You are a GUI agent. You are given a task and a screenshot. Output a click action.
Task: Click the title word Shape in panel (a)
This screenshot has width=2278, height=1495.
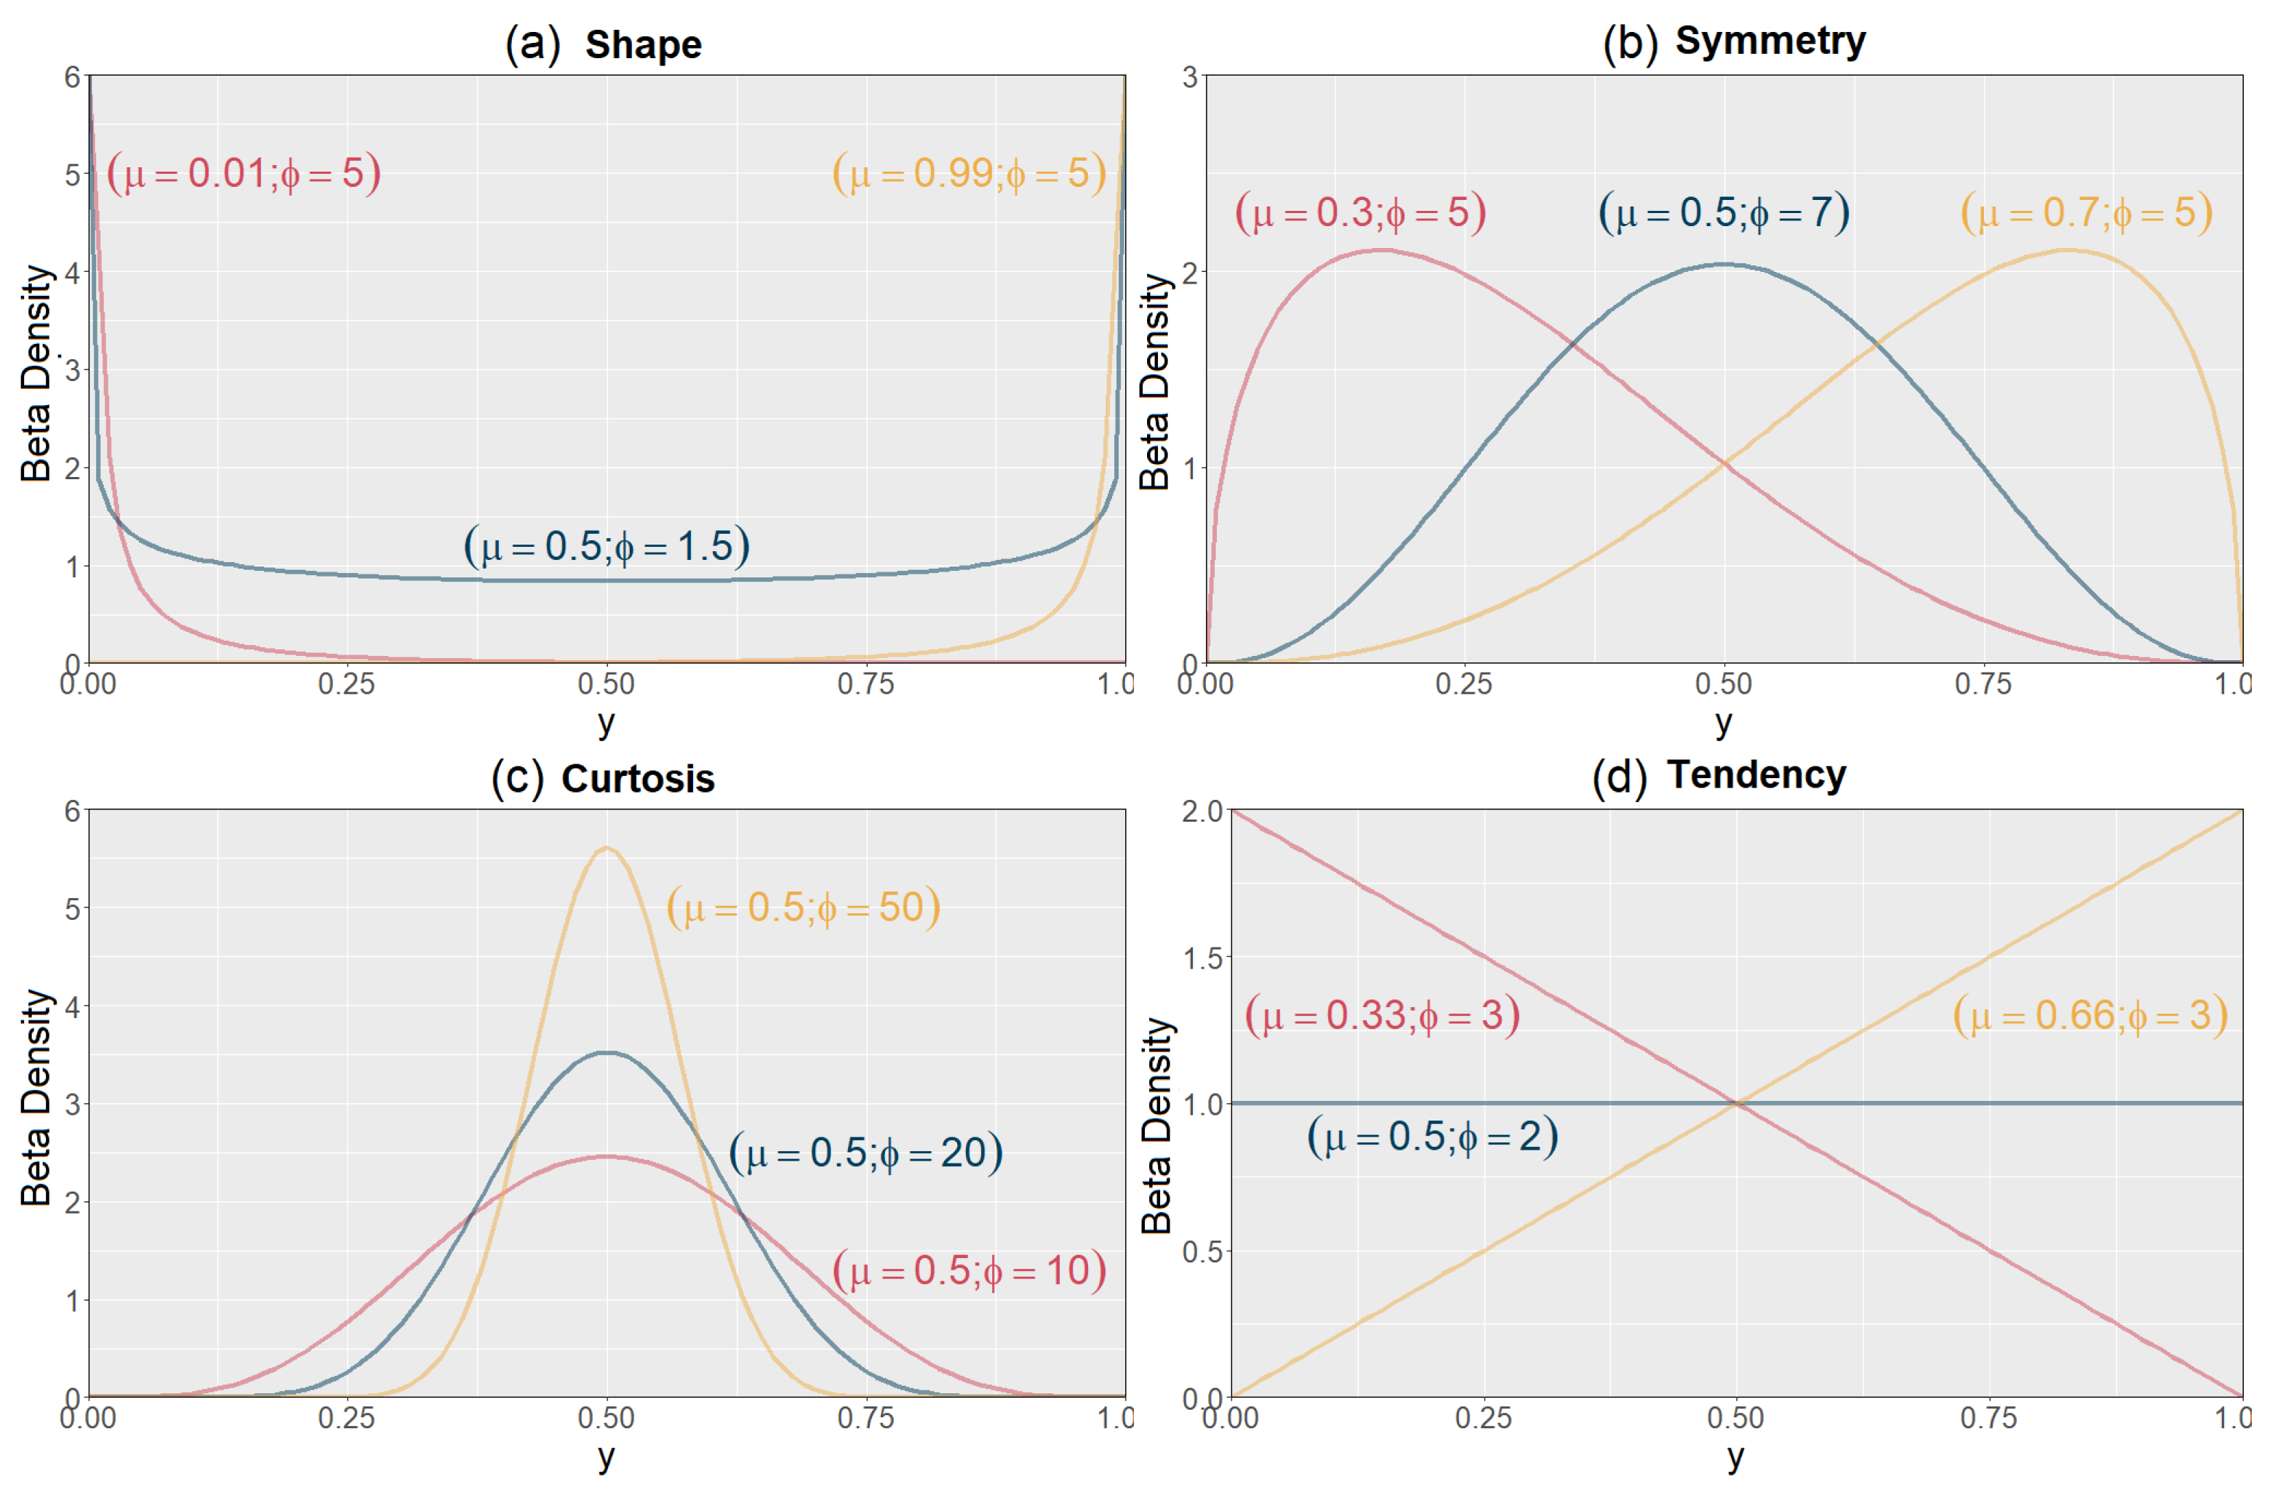pyautogui.click(x=643, y=45)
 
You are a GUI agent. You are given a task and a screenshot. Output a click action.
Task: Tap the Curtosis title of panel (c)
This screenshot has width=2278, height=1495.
pyautogui.click(x=637, y=778)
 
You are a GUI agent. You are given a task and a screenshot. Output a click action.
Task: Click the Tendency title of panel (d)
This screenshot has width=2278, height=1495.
pyautogui.click(x=1757, y=774)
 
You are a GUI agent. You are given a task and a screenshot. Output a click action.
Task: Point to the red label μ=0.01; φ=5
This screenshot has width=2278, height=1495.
pyautogui.click(x=244, y=173)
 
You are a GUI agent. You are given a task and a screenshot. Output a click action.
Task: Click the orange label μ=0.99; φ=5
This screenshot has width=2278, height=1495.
pyautogui.click(x=969, y=173)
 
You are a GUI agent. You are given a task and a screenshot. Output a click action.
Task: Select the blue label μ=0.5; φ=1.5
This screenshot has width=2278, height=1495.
pyautogui.click(x=607, y=547)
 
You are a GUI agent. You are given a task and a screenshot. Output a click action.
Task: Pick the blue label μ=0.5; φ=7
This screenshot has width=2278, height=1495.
pyautogui.click(x=1724, y=212)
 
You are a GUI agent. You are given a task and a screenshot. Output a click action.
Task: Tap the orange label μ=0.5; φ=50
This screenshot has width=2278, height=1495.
pyautogui.click(x=803, y=907)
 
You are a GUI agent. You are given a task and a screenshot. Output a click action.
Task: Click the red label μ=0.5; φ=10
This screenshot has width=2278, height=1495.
pyautogui.click(x=969, y=1271)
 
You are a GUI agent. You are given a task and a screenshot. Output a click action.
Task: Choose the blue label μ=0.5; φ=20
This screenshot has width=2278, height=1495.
pyautogui.click(x=866, y=1153)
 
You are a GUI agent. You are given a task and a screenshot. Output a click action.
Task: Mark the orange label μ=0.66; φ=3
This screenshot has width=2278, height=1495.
pyautogui.click(x=2090, y=1014)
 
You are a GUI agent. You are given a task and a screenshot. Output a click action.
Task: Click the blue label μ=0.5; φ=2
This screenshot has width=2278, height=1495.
pyautogui.click(x=1433, y=1136)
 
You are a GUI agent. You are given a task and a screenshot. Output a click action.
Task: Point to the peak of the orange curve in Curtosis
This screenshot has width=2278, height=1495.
pyautogui.click(x=607, y=848)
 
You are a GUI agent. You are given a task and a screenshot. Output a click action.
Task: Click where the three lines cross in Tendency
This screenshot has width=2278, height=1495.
pyautogui.click(x=1736, y=1104)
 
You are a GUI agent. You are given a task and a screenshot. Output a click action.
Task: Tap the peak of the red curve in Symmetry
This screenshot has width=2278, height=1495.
pyautogui.click(x=1381, y=250)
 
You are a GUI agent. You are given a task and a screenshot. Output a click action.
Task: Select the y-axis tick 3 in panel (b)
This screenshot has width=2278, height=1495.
pyautogui.click(x=1190, y=76)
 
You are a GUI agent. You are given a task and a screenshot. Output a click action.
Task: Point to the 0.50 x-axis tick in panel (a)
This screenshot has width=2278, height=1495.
pyautogui.click(x=606, y=684)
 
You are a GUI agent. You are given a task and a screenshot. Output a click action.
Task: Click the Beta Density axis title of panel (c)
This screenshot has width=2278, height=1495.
pyautogui.click(x=36, y=1098)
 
